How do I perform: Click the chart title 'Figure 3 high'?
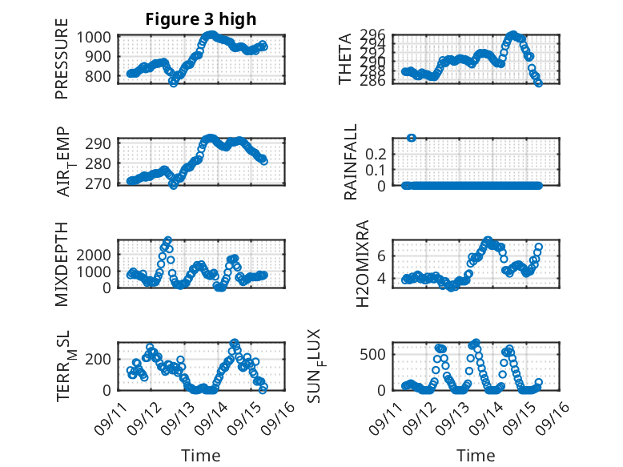click(201, 19)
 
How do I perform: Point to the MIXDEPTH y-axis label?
click(62, 264)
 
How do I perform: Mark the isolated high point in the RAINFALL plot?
click(412, 138)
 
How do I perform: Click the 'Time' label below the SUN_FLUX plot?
click(476, 456)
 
